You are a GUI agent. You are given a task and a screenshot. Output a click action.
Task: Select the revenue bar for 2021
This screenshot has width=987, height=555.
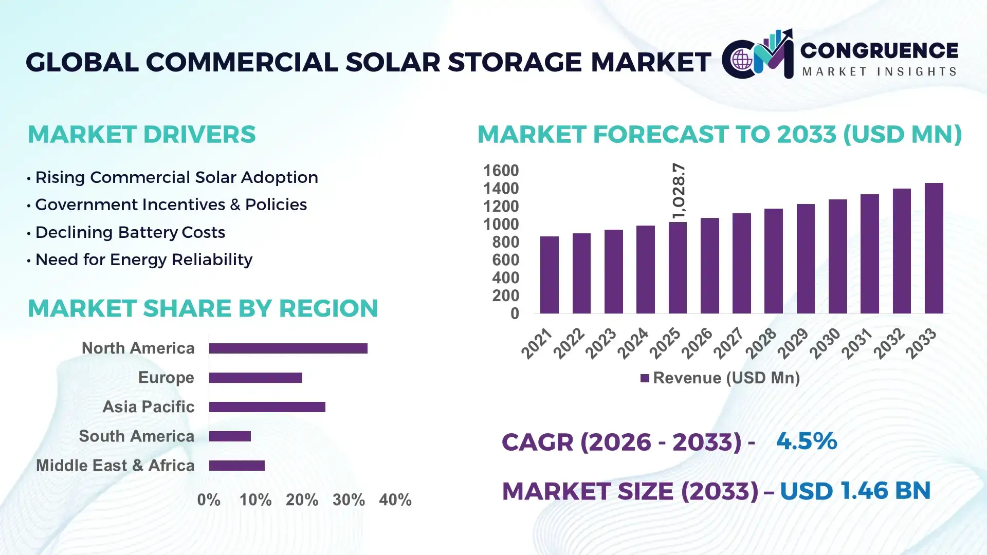pos(549,275)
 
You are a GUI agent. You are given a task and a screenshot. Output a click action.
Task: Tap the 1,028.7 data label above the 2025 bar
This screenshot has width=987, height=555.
pos(679,191)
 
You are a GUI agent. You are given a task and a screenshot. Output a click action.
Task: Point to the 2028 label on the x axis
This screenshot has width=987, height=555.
pos(761,343)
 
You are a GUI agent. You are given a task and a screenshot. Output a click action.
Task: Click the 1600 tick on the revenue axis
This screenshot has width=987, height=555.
pos(501,171)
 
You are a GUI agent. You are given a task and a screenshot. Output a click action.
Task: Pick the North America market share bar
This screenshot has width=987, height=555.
pos(288,348)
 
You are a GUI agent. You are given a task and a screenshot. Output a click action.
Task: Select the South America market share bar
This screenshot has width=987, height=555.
pos(230,436)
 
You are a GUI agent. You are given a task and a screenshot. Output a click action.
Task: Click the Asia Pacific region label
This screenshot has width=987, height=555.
pos(148,406)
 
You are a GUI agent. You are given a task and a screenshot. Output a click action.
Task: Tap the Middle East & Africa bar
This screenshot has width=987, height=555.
pos(236,466)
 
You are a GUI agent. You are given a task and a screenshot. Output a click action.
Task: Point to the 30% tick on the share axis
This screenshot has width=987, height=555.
pos(349,499)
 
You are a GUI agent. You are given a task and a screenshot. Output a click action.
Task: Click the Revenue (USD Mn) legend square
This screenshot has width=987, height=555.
pos(645,378)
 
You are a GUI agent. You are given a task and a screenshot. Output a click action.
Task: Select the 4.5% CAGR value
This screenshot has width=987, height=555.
pos(806,441)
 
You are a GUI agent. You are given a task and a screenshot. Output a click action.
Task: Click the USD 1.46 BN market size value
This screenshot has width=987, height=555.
pos(855,490)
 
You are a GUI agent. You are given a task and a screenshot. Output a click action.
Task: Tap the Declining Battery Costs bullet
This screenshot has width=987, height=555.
pos(130,232)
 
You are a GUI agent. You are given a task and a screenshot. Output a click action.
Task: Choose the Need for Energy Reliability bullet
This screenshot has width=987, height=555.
pos(143,260)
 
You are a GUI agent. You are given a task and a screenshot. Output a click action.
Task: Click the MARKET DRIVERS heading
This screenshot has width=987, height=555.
pos(141,135)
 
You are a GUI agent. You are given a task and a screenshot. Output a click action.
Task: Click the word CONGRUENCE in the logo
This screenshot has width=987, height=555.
pos(879,50)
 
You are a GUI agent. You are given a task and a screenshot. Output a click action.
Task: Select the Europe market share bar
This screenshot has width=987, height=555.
pos(255,378)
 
